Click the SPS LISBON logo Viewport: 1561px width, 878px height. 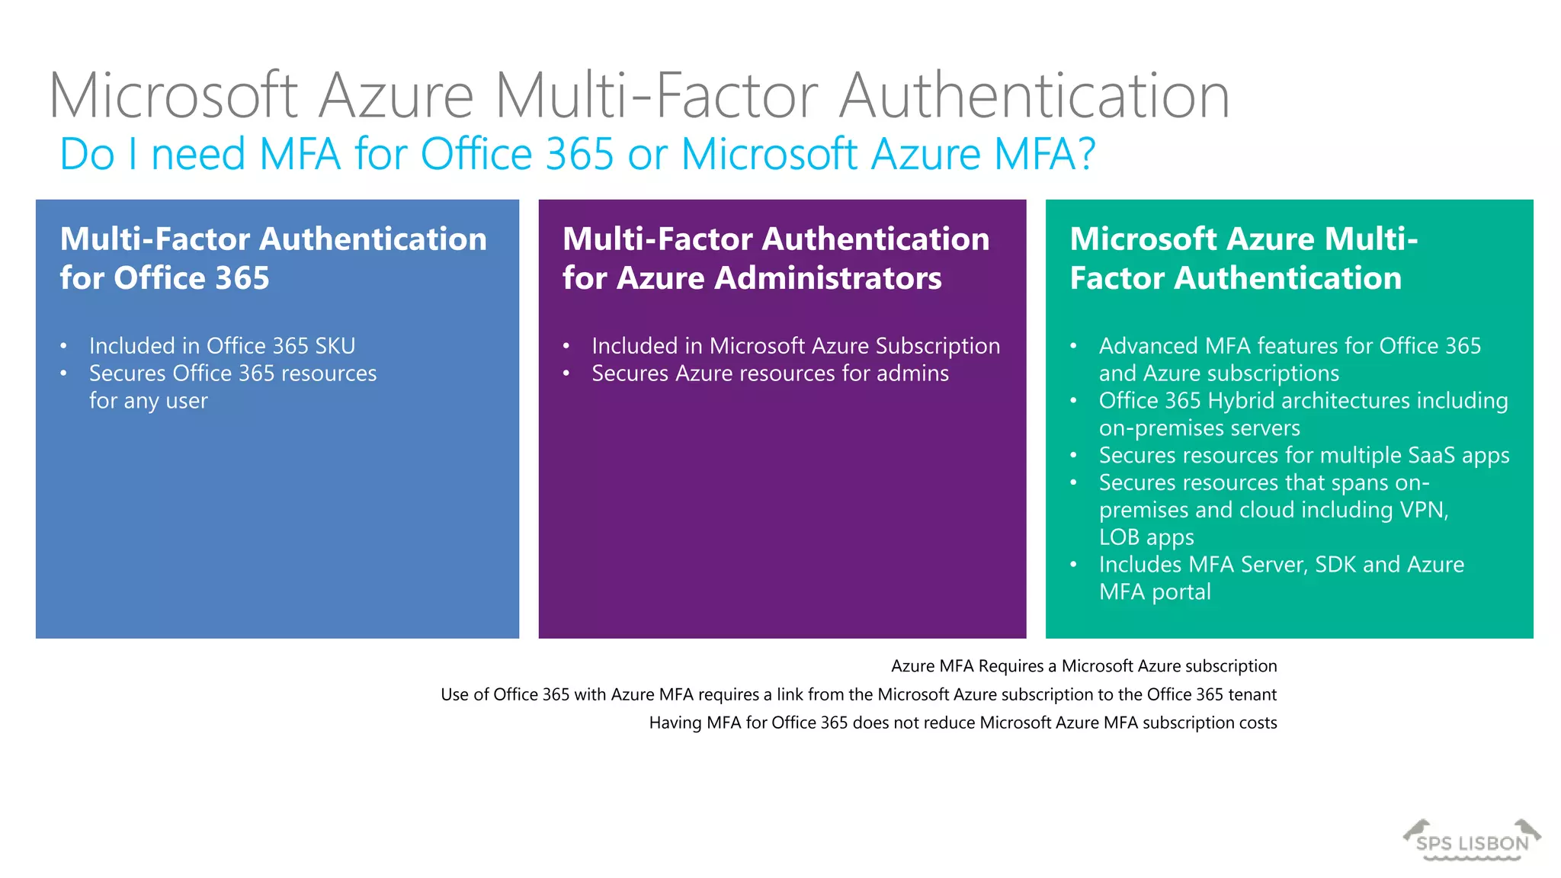pyautogui.click(x=1472, y=841)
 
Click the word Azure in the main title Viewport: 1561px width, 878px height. pyautogui.click(x=396, y=96)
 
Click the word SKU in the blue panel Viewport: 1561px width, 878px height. pyautogui.click(x=335, y=346)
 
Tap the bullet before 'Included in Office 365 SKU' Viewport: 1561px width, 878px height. pyautogui.click(x=64, y=347)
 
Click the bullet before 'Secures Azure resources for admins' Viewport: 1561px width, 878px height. pyautogui.click(x=566, y=374)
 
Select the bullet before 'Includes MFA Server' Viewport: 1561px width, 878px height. pyautogui.click(x=1073, y=566)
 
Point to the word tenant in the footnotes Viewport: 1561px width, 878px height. pyautogui.click(x=1252, y=694)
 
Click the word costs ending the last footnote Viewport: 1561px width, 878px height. pyautogui.click(x=1257, y=723)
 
